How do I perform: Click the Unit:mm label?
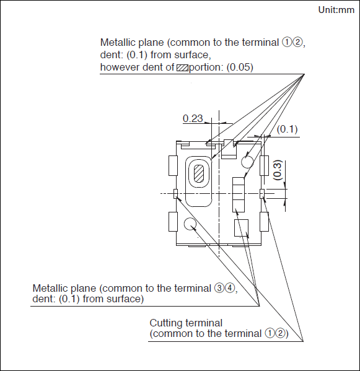pos(336,10)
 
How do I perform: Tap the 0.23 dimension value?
pos(193,118)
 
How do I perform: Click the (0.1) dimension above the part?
pos(287,129)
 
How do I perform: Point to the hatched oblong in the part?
pos(199,174)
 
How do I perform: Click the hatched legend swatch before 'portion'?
pos(182,68)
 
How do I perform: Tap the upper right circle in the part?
pos(247,162)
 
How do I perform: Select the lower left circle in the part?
pos(190,224)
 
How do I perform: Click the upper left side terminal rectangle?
pos(173,165)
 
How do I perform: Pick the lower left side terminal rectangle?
pos(173,222)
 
